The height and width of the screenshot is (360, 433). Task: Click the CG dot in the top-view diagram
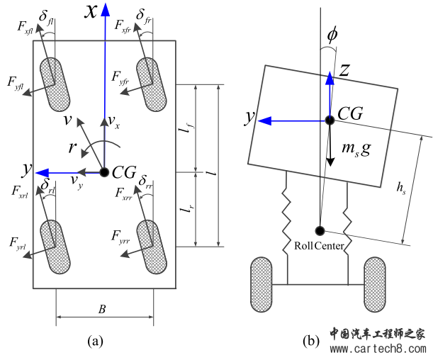105,172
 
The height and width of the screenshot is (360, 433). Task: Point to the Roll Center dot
320,230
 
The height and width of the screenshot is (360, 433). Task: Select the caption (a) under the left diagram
95,341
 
